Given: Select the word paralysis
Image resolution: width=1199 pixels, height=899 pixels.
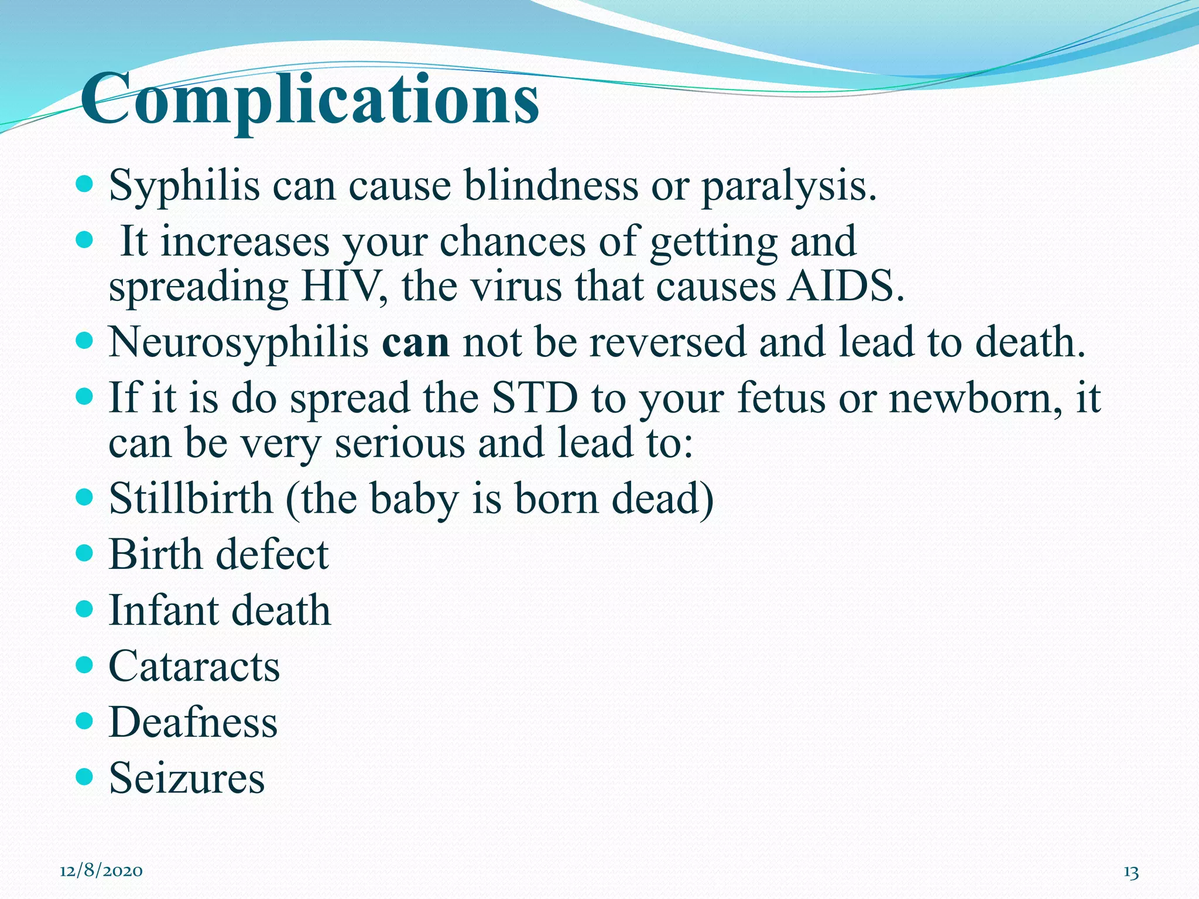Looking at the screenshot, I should (787, 186).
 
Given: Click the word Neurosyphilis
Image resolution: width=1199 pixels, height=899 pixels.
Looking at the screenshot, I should (239, 343).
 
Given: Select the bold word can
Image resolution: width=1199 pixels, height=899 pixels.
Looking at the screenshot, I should (416, 343).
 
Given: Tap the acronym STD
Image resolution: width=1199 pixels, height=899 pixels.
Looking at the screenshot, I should (534, 398).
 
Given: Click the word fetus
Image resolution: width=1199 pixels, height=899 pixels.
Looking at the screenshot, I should (780, 398).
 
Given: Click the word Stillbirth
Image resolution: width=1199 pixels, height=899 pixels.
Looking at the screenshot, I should (191, 499).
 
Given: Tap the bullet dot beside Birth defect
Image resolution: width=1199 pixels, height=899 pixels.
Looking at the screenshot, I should (85, 553).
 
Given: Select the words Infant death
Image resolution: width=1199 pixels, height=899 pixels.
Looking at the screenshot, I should (220, 610).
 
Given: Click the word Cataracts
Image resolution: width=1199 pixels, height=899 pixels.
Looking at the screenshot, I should (194, 666).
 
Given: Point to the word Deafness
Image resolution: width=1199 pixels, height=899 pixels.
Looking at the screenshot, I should (193, 722).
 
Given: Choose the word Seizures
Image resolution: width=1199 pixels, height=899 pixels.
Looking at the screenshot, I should (187, 778).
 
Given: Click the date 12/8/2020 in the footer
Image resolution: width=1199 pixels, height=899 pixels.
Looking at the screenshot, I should (101, 871).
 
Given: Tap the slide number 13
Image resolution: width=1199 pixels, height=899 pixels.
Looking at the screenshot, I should (1131, 872).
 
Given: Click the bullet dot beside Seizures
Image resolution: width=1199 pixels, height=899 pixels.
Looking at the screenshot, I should (85, 777).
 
